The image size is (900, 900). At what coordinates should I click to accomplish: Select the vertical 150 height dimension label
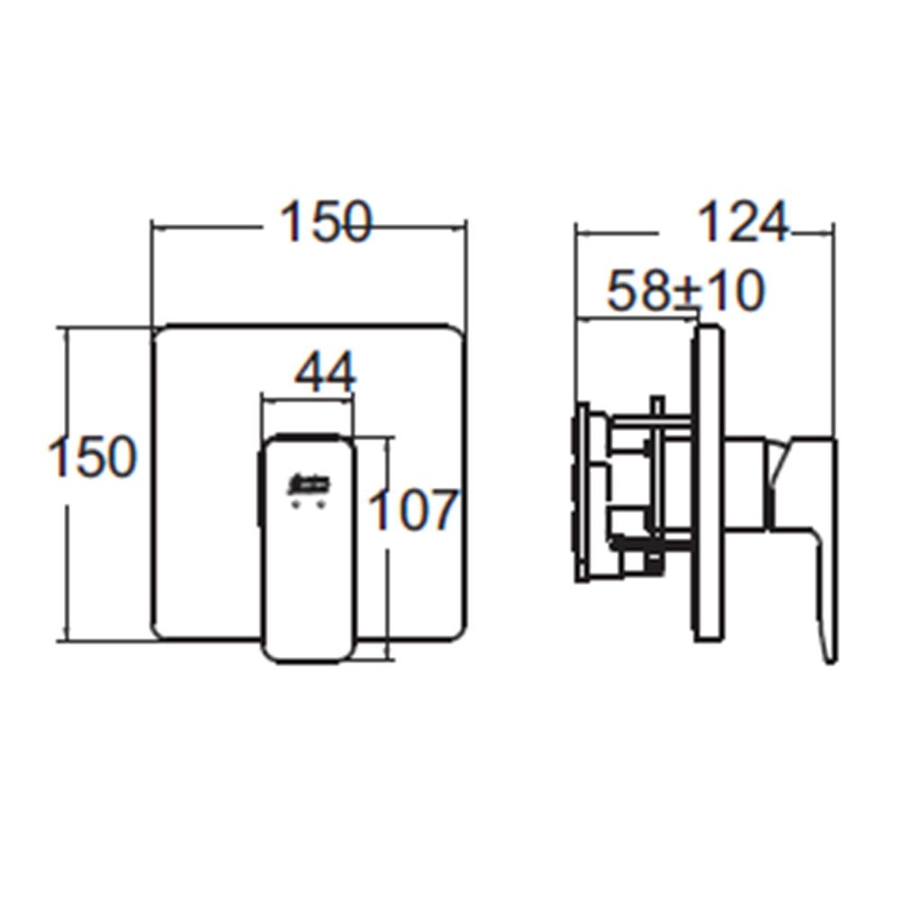click(93, 456)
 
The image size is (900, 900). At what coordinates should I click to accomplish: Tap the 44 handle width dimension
click(326, 373)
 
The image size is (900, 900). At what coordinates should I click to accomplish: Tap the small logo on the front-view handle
click(309, 485)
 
